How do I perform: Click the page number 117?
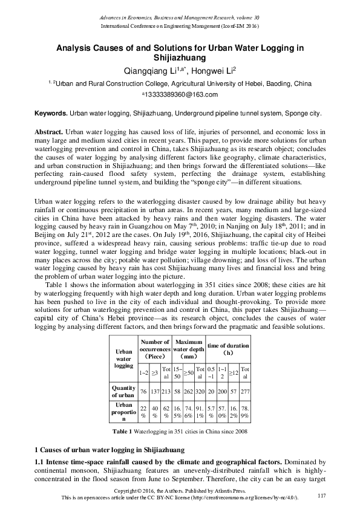click(x=321, y=496)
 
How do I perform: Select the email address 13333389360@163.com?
click(x=180, y=94)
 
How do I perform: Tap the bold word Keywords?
click(x=50, y=113)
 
